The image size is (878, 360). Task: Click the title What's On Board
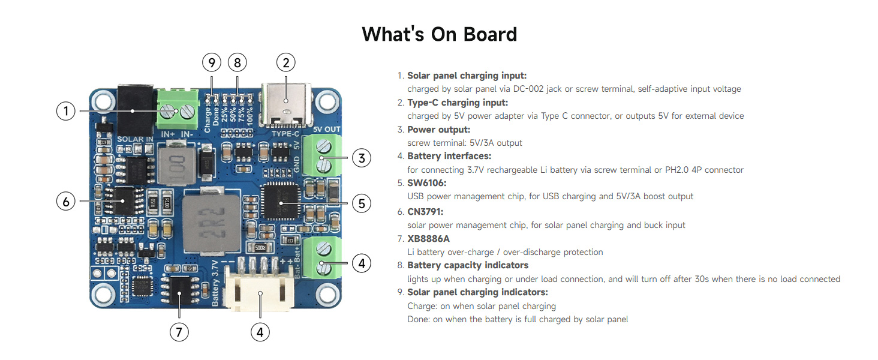point(439,34)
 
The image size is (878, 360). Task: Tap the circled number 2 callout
point(286,62)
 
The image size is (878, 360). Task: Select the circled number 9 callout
point(211,62)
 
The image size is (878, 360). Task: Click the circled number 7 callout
point(179,332)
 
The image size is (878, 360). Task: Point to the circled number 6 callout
point(66,202)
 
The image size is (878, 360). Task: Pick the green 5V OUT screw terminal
point(323,155)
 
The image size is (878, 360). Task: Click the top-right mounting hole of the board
point(326,101)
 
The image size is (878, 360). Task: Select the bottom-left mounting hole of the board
point(103,294)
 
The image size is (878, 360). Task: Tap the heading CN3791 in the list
point(425,211)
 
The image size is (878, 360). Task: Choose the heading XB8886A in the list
point(428,238)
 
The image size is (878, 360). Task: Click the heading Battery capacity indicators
point(468,265)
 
